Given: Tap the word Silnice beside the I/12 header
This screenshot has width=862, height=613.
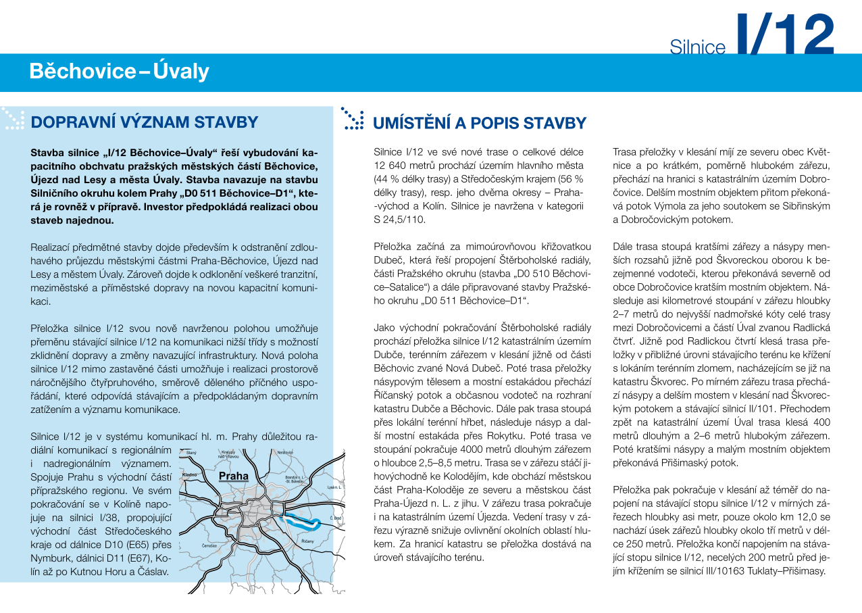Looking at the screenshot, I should tap(697, 47).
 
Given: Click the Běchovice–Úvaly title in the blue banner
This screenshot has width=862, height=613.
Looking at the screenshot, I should tap(119, 71).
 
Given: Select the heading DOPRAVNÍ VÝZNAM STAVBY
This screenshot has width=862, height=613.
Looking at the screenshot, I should tap(145, 122).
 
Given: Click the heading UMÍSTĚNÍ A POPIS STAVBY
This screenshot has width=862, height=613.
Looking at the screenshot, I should tap(479, 123).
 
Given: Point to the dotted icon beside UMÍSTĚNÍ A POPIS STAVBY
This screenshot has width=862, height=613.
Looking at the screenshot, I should tap(352, 118).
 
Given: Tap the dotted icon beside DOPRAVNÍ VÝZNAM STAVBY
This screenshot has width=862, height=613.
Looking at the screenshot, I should tap(14, 119).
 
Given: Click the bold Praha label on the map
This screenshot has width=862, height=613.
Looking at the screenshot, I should tap(233, 476).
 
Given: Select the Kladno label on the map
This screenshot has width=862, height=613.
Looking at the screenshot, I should tap(191, 476).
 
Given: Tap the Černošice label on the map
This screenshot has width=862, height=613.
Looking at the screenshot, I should tap(209, 545).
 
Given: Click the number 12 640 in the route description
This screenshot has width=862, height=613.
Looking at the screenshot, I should tap(390, 166).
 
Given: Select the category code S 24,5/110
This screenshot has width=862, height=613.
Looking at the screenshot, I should tap(401, 220).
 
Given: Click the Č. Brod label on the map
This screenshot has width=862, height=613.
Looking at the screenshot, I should tap(336, 518).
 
